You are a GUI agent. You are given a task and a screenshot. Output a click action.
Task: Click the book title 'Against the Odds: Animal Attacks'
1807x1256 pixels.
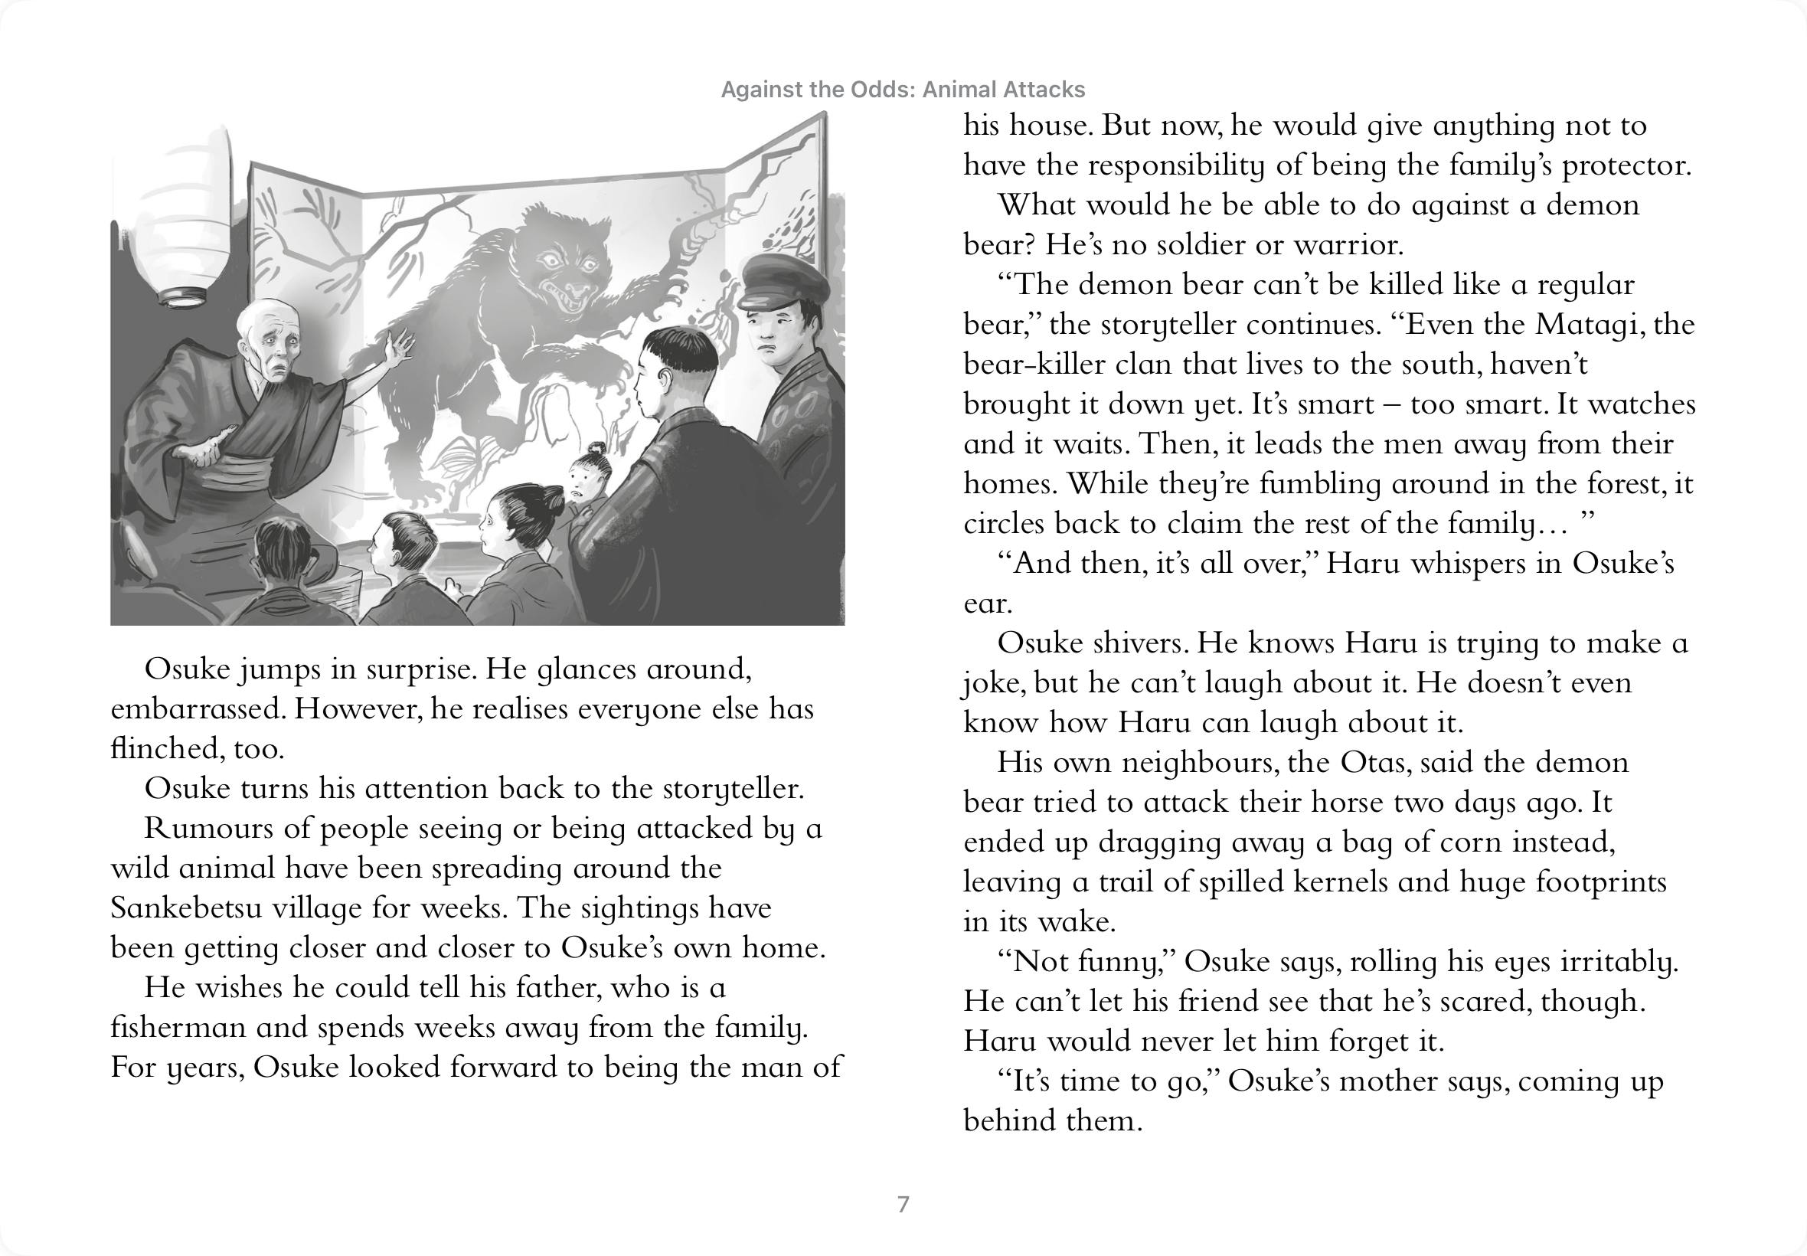point(902,90)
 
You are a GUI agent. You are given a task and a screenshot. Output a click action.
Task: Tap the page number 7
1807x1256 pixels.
point(903,1204)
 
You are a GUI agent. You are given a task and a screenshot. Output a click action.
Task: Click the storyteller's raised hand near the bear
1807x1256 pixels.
point(398,347)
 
